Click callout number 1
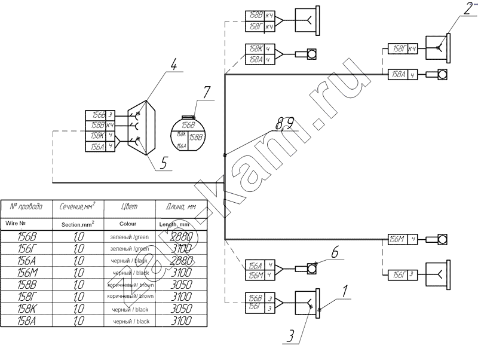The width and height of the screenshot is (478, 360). (345, 292)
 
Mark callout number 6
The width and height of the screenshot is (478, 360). (335, 253)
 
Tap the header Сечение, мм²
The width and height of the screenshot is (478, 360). (78, 208)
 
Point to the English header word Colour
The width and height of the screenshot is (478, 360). (128, 224)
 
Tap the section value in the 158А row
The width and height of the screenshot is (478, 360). (78, 322)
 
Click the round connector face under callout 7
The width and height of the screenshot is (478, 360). (189, 134)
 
